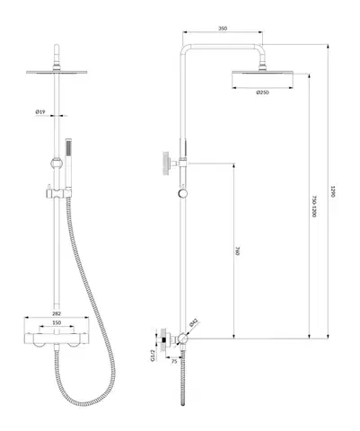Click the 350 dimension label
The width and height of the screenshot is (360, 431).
(x=223, y=29)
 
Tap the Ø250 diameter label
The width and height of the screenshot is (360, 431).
(x=262, y=92)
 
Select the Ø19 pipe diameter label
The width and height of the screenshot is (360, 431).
(x=40, y=111)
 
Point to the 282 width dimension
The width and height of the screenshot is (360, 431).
(x=57, y=313)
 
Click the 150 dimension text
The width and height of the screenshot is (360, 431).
(x=57, y=322)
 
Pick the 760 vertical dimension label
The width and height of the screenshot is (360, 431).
(x=238, y=251)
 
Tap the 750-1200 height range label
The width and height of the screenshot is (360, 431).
(x=313, y=207)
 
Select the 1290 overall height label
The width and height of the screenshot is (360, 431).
(x=332, y=191)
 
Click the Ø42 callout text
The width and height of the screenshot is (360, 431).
(x=194, y=322)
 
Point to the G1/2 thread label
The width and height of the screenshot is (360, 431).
(x=153, y=356)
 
